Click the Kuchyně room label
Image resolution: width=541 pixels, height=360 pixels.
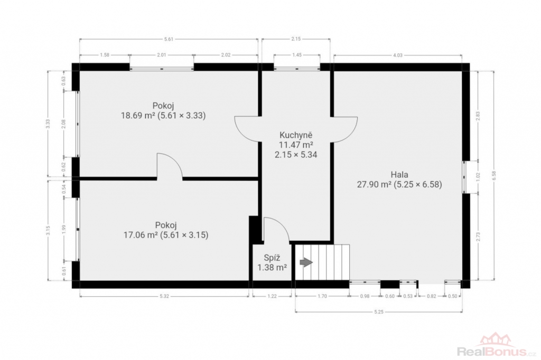(x=296, y=135)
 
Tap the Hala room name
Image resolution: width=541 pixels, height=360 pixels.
(x=399, y=175)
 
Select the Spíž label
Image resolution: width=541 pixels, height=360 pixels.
(x=272, y=258)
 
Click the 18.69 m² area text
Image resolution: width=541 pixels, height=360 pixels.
(x=138, y=115)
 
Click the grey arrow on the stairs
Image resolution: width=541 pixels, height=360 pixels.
(x=306, y=262)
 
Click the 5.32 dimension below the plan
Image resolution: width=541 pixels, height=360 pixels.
(x=164, y=296)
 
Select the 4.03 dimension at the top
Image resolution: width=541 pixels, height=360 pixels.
(x=398, y=55)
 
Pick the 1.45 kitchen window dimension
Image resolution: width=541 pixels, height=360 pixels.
(x=297, y=55)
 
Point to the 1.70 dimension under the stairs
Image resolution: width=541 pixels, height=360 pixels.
(x=322, y=296)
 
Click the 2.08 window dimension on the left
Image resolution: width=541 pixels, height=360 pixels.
(x=63, y=124)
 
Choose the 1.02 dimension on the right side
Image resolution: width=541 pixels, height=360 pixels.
(x=478, y=177)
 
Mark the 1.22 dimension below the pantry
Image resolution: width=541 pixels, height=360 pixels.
(x=272, y=296)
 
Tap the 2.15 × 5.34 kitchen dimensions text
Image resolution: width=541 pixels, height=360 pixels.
(x=296, y=155)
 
